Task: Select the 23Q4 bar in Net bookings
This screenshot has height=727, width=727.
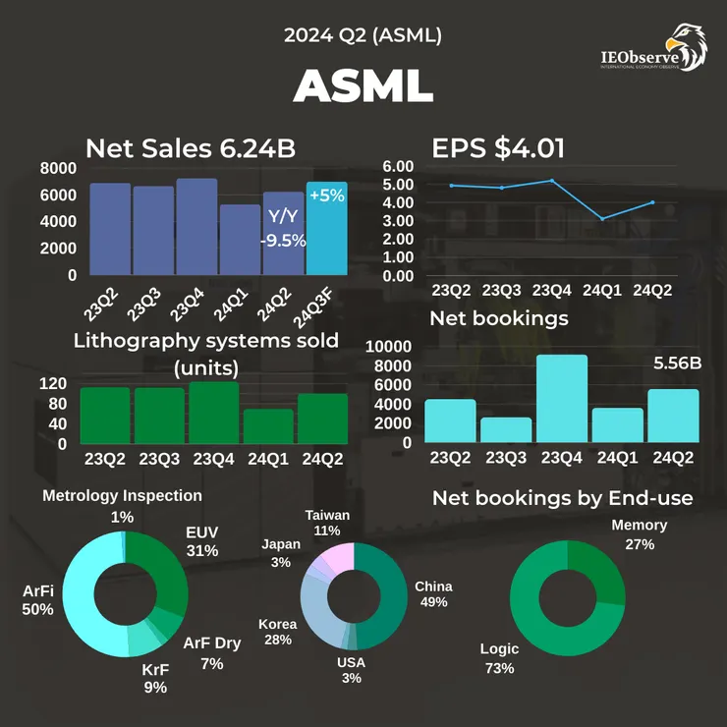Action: tap(561, 399)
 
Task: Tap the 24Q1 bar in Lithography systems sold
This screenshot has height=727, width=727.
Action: tap(268, 426)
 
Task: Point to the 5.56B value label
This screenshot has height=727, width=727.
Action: tap(678, 363)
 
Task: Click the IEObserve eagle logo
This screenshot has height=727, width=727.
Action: tap(685, 46)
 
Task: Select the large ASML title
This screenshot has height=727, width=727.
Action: tap(363, 87)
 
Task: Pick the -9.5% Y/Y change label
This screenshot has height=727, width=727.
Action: tap(283, 240)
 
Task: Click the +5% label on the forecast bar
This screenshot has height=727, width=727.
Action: tap(326, 196)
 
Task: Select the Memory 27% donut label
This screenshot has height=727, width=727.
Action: tap(639, 534)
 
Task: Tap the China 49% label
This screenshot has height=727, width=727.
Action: tap(433, 593)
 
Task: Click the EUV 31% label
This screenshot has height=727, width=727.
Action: tap(201, 541)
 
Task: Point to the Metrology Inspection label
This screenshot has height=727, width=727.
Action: tap(122, 496)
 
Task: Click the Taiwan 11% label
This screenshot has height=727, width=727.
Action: tap(328, 522)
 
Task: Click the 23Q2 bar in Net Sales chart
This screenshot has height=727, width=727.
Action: tap(110, 229)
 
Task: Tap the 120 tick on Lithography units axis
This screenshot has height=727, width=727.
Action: tap(54, 383)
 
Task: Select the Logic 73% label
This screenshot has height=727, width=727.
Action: tap(499, 658)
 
